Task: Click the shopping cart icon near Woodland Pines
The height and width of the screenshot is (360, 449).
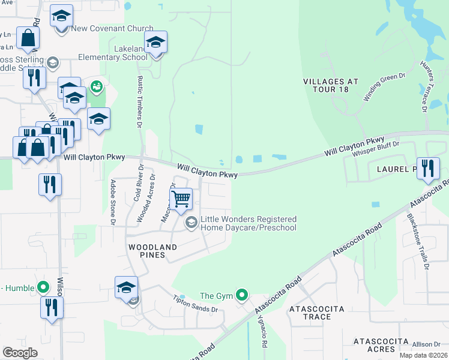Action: (181, 199)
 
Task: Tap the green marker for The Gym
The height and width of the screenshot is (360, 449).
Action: (241, 295)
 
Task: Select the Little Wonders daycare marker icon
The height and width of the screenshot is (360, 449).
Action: (191, 224)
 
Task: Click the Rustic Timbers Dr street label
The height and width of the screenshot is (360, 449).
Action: (139, 103)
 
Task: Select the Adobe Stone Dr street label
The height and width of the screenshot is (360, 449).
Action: (112, 202)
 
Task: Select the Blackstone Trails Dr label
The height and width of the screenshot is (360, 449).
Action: (418, 241)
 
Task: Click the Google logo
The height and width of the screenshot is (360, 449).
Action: (20, 353)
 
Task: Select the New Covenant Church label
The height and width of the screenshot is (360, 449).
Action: (112, 29)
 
